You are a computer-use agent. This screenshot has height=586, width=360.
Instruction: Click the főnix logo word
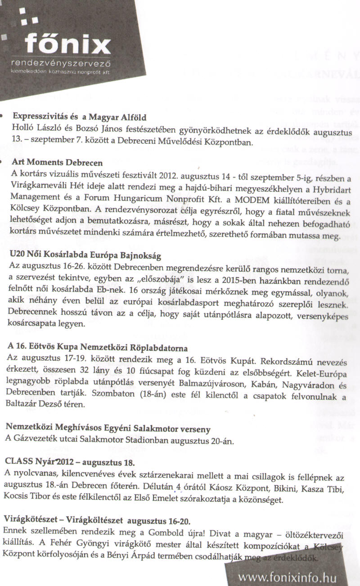point(67,45)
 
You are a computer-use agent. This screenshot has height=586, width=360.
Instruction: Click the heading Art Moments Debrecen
point(58,162)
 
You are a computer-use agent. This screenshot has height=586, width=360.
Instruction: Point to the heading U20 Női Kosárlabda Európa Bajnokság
point(85,255)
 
